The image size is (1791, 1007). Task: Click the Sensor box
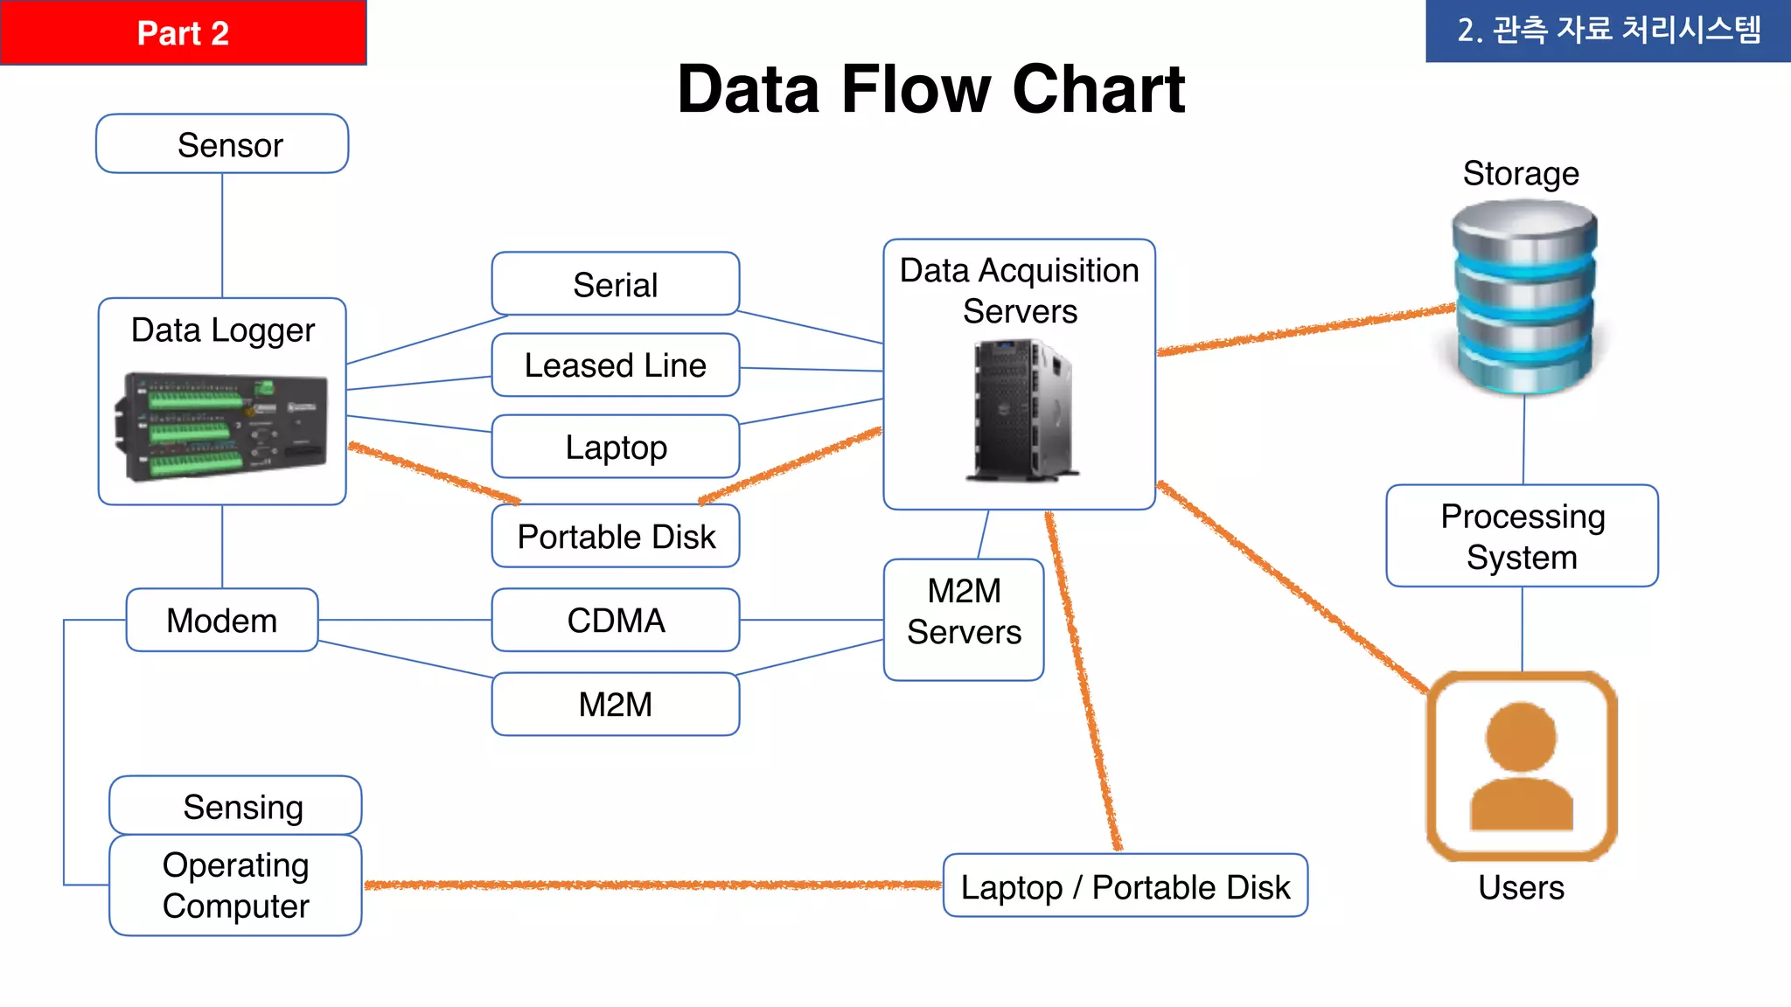coord(222,144)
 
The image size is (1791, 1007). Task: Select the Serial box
coord(616,284)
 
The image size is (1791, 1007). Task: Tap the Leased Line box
coord(616,365)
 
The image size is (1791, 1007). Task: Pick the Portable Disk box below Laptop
coord(616,536)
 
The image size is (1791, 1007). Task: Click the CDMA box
coord(616,620)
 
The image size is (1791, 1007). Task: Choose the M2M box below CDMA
coord(616,704)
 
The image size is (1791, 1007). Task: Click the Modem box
coord(222,620)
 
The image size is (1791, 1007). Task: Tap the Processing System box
coord(1522,536)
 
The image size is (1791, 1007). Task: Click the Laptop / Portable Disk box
coord(1125,885)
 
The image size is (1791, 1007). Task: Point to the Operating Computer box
coord(235,885)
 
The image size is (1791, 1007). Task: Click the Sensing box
coord(235,805)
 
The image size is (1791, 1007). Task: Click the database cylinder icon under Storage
coord(1524,297)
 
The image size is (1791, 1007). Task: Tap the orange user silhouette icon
coord(1522,766)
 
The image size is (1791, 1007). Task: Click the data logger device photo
coord(221,427)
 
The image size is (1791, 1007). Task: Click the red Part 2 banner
coord(183,32)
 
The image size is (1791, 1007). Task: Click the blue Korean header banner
coord(1607,31)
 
